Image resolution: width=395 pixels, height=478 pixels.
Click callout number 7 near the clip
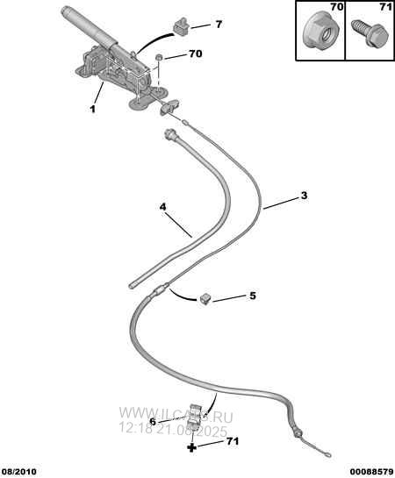(x=219, y=25)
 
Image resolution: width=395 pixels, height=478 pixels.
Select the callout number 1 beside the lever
(x=92, y=109)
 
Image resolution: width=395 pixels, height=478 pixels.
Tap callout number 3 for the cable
(x=304, y=196)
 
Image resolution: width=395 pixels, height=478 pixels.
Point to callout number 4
(x=162, y=207)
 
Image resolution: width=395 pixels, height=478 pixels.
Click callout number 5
(x=253, y=296)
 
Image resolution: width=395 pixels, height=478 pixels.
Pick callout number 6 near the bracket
(x=153, y=422)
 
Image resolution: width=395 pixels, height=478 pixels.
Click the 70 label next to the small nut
(x=195, y=54)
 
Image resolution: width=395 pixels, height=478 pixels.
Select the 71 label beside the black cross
(x=233, y=441)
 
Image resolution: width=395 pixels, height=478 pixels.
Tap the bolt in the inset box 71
(x=370, y=33)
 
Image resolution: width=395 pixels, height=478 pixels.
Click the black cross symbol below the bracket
(x=191, y=448)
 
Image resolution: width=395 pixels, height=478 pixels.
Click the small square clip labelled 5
(x=205, y=298)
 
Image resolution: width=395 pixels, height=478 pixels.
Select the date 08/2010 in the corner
(x=18, y=471)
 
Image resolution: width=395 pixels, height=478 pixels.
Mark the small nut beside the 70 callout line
(x=158, y=57)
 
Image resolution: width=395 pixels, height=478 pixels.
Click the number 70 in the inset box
(x=337, y=7)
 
